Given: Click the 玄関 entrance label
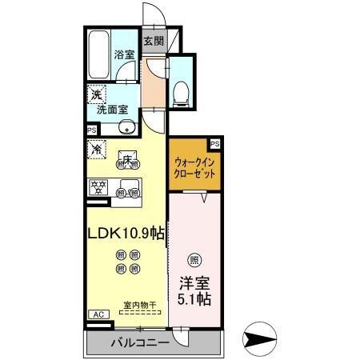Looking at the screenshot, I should point(153,41).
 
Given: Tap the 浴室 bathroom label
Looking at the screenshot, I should point(123,55).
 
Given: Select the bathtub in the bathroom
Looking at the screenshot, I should point(98,53).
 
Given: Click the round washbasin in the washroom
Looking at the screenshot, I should point(126,129).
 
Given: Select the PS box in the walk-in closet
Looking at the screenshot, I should point(214,142).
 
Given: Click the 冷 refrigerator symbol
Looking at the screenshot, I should point(96,148).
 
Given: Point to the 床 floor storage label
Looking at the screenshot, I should point(126,158).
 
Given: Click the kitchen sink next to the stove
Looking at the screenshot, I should point(125,190).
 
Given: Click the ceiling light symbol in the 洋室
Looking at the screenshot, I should point(194,259).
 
